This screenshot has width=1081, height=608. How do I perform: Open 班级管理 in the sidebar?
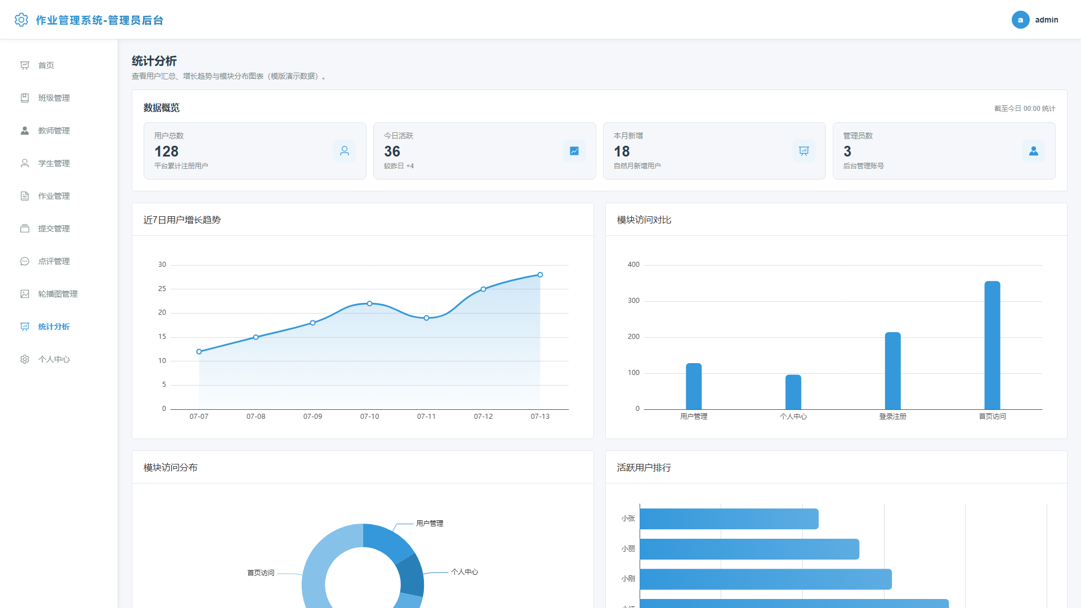pos(54,98)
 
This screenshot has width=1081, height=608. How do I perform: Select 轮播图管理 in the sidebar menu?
pos(58,294)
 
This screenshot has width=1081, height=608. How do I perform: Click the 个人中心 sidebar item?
pos(54,359)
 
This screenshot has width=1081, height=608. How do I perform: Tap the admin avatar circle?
pos(1020,20)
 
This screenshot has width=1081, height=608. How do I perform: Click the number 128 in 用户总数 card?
pos(167,151)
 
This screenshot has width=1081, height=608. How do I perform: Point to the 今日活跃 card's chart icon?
pos(574,151)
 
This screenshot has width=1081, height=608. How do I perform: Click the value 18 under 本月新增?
pos(622,151)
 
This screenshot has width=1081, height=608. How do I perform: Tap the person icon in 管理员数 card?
pos(1034,151)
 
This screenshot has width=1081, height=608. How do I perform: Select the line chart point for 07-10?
pos(369,303)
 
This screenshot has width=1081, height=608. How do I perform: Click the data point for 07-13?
pos(540,275)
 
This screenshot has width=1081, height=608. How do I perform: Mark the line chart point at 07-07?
pos(199,352)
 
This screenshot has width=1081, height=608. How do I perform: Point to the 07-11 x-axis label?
pos(426,417)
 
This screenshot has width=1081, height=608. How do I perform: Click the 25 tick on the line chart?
pos(162,289)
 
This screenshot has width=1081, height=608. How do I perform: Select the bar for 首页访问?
pos(992,345)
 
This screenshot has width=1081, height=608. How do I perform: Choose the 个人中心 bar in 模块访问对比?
pos(793,392)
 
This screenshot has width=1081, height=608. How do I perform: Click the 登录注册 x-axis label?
pos(893,417)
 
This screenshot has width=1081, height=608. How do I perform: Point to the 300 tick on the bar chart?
pos(633,301)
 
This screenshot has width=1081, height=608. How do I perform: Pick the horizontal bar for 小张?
pos(729,519)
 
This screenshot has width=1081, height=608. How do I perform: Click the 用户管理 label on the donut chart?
pos(430,524)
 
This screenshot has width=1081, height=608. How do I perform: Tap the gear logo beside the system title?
pos(21,20)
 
